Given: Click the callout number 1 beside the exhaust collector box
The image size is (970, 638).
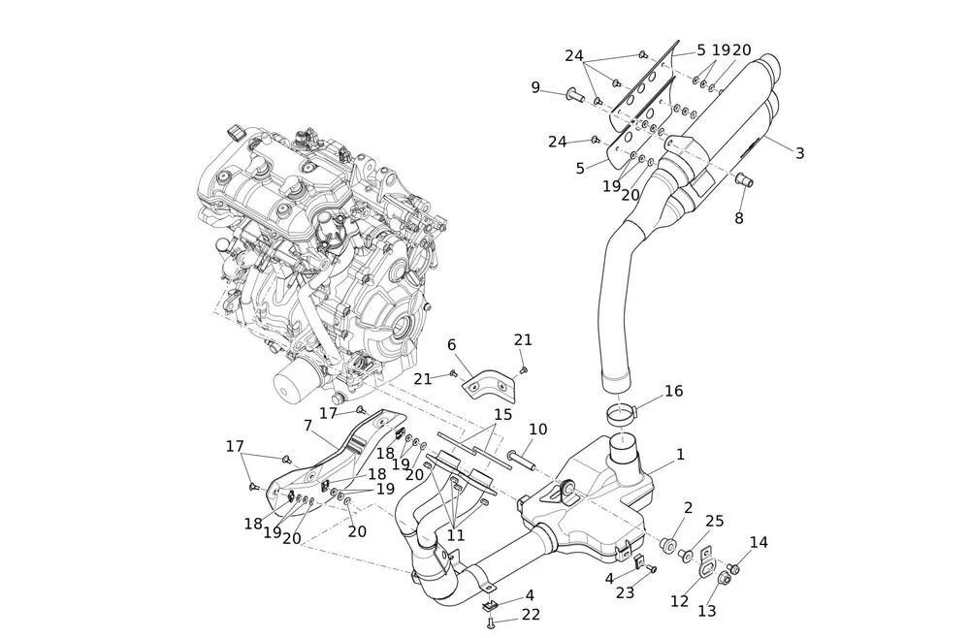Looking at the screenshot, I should (x=680, y=454).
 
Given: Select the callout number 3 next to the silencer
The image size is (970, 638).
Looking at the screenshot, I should (x=799, y=153).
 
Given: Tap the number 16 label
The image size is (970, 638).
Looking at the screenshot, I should (x=673, y=391).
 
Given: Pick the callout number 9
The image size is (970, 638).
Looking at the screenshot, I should (x=535, y=87).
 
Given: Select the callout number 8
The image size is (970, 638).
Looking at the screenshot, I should (x=738, y=219).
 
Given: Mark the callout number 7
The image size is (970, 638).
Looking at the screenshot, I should (x=307, y=426).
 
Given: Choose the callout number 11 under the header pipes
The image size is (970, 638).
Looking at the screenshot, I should (x=456, y=535).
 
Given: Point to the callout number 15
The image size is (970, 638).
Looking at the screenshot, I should (x=501, y=414).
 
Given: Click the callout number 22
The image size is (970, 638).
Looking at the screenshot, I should (x=531, y=615).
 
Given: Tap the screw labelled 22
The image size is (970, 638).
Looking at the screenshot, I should (x=491, y=622).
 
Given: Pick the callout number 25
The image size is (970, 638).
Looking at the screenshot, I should (x=714, y=522).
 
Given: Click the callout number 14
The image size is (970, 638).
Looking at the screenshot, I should (x=758, y=543).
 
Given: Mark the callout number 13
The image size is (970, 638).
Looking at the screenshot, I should (x=706, y=611).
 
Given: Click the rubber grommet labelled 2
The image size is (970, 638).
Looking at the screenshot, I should (x=668, y=545).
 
